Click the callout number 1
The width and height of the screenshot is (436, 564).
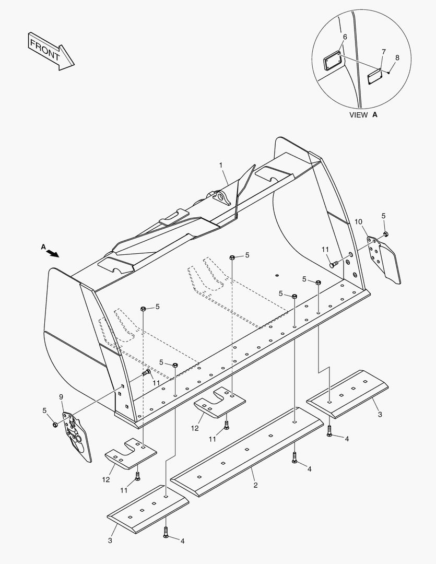tap(221, 166)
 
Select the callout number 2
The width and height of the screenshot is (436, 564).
tap(255, 485)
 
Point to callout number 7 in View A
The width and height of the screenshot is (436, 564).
tap(383, 52)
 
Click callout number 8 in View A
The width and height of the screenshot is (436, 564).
tap(397, 57)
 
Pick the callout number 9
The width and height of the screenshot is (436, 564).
tap(62, 397)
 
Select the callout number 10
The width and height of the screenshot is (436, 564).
tap(358, 222)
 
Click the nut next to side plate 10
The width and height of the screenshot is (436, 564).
tap(386, 233)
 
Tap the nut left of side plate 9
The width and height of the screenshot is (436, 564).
tap(55, 424)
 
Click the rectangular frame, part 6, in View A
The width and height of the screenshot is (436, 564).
tap(332, 62)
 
